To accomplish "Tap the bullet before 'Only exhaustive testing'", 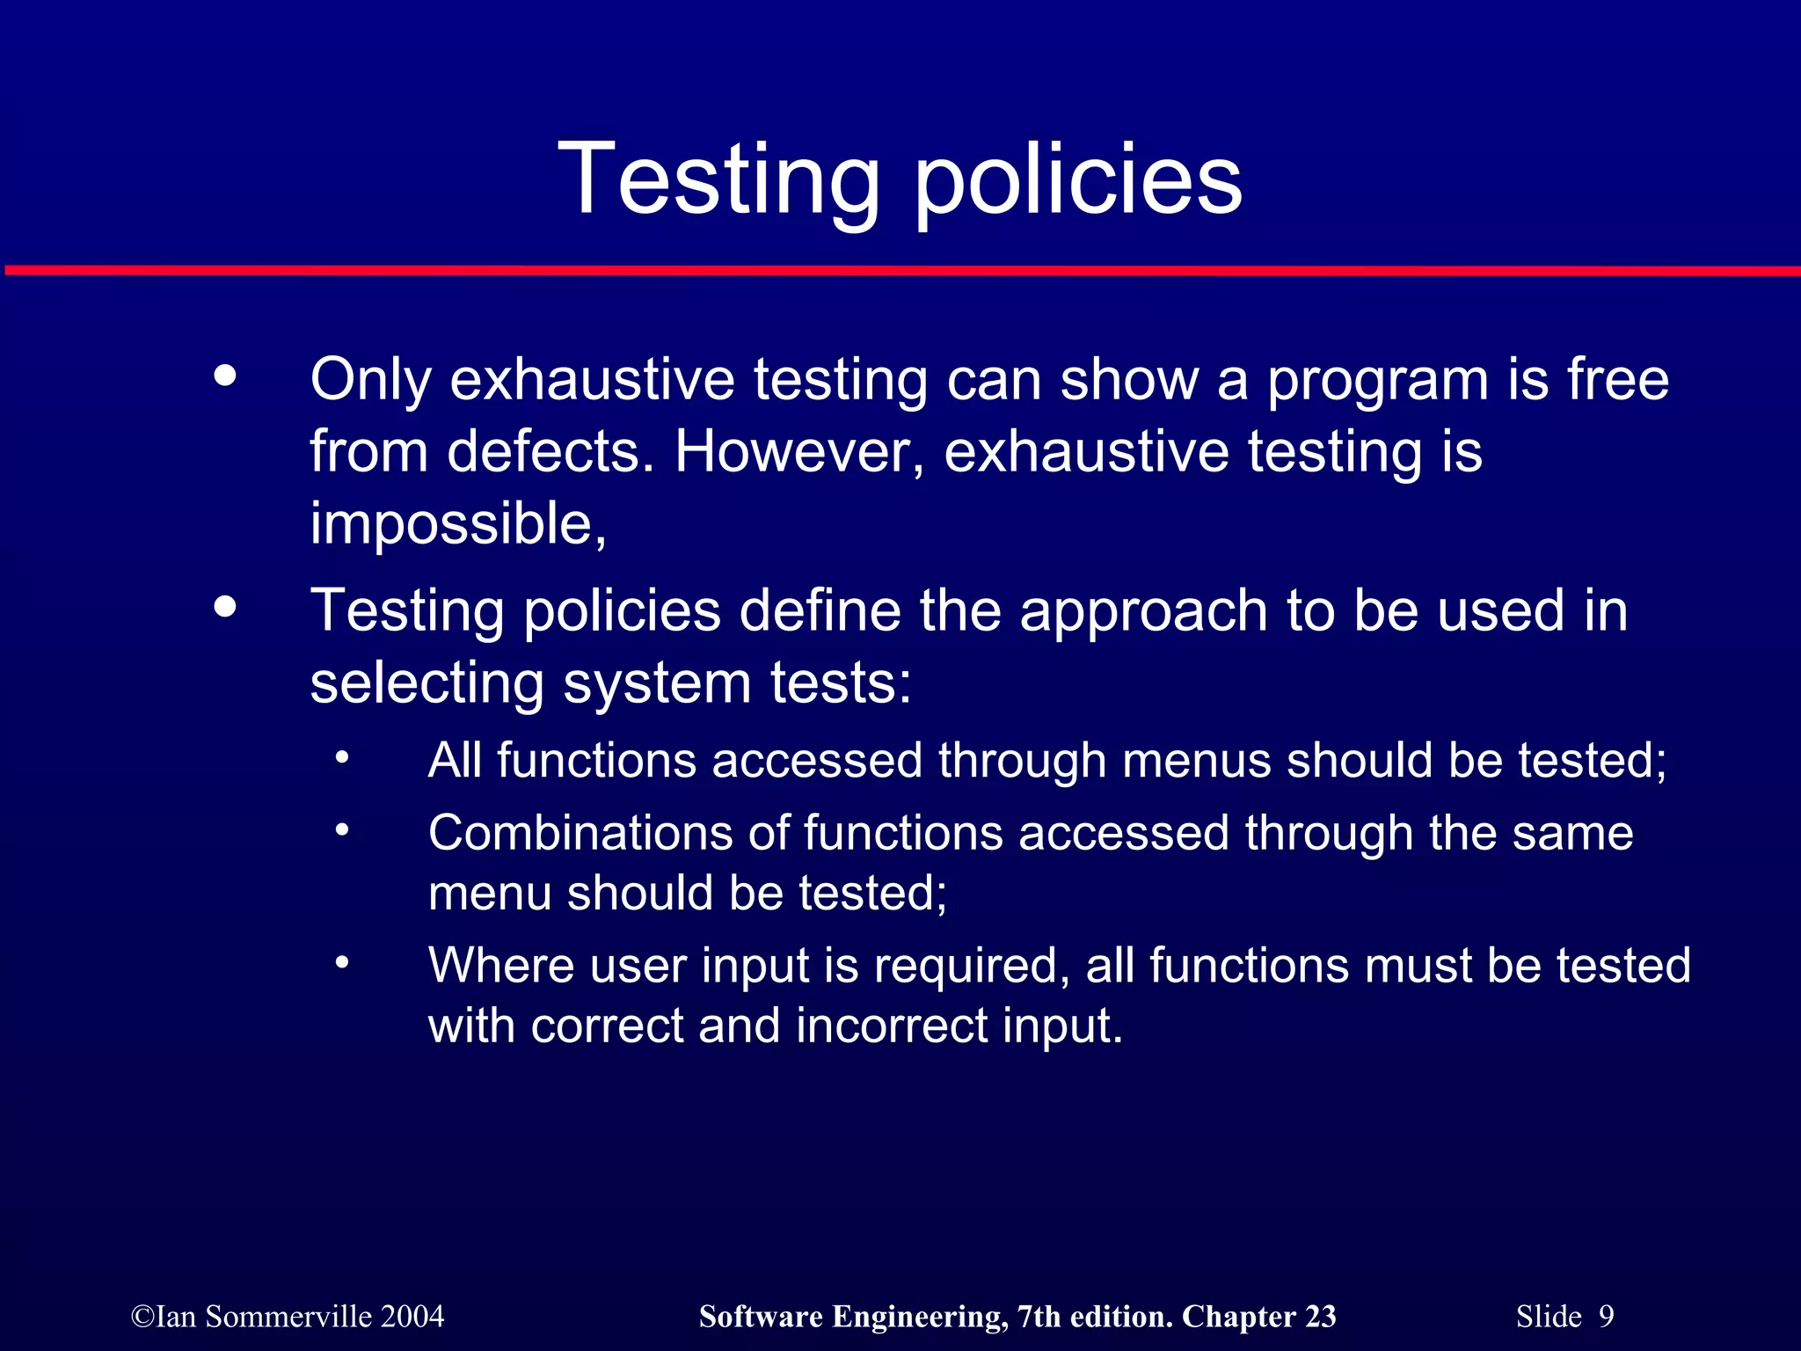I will pyautogui.click(x=225, y=376).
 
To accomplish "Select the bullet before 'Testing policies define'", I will pyautogui.click(x=225, y=606).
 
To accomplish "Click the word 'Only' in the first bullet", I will pyautogui.click(x=370, y=380).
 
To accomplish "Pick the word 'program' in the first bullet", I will pyautogui.click(x=1377, y=382).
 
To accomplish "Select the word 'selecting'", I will pyautogui.click(x=427, y=684).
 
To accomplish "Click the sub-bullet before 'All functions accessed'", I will pyautogui.click(x=342, y=756).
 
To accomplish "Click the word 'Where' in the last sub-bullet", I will pyautogui.click(x=500, y=965).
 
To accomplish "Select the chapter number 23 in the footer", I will pyautogui.click(x=1320, y=1317).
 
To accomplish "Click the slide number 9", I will pyautogui.click(x=1607, y=1317).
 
